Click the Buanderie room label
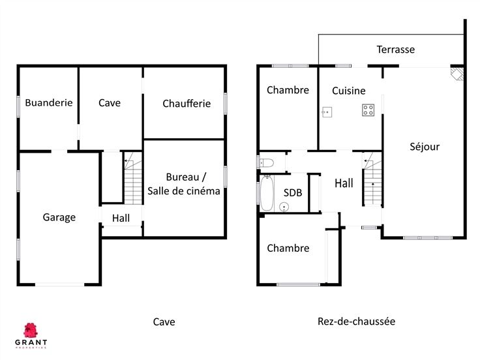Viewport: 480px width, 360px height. [x=48, y=102]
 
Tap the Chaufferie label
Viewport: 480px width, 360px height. [x=187, y=103]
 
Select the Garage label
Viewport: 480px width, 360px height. [x=59, y=217]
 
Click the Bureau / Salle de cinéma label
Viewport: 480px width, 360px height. [x=184, y=184]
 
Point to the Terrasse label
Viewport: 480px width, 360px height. [x=395, y=50]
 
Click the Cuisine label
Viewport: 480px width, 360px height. [x=348, y=91]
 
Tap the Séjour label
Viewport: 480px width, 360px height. [x=425, y=147]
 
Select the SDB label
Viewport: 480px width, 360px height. [x=293, y=192]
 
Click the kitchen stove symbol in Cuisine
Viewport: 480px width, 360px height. [x=368, y=110]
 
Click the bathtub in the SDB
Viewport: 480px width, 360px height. [x=267, y=190]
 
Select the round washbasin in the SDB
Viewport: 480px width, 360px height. [x=284, y=207]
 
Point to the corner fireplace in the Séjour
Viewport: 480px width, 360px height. [x=458, y=73]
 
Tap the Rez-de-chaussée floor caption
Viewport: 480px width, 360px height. [x=356, y=322]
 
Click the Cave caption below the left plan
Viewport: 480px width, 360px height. [x=164, y=322]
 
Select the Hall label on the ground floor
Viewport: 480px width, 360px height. [x=344, y=183]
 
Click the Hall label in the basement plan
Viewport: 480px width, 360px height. [x=121, y=218]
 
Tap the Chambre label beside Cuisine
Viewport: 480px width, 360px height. [x=288, y=90]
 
